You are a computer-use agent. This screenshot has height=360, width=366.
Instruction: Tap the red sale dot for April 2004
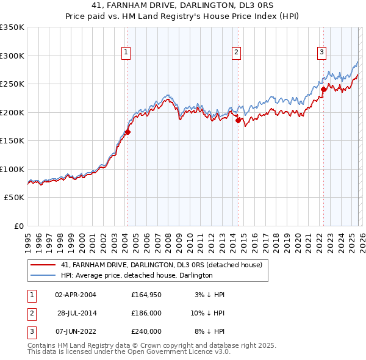click(x=127, y=132)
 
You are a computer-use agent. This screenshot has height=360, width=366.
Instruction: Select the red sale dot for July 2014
click(x=239, y=120)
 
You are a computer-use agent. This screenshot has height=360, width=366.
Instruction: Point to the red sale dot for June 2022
click(x=323, y=90)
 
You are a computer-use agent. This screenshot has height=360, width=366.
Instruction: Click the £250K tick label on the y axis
click(x=12, y=84)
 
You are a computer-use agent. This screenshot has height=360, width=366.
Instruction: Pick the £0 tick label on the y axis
click(x=18, y=226)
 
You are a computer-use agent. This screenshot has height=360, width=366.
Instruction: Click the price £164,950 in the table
click(x=146, y=295)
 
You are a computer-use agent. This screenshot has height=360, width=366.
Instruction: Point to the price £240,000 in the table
click(x=146, y=331)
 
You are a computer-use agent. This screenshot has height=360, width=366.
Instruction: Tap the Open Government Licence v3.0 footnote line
click(x=129, y=351)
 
